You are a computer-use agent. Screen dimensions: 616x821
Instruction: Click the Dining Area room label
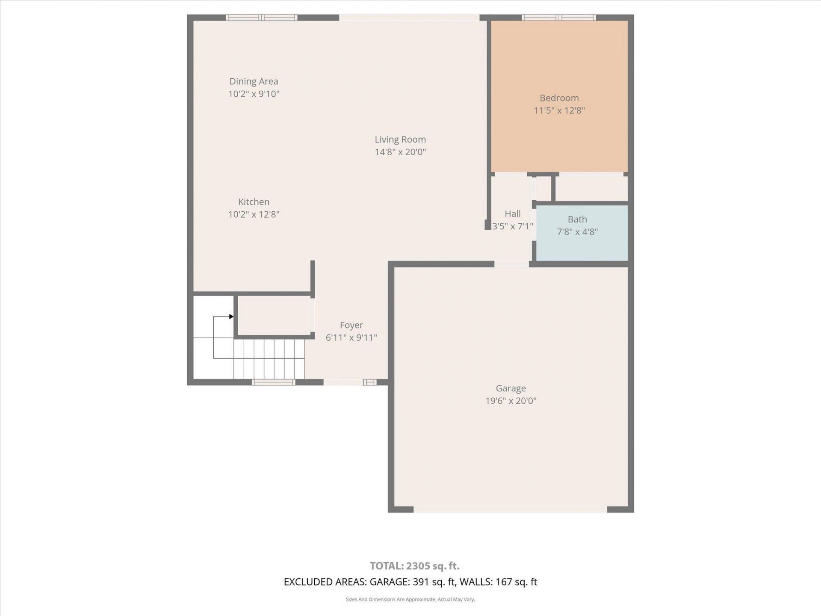pos(254,81)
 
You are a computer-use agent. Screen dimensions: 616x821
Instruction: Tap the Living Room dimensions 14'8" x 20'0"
pos(400,152)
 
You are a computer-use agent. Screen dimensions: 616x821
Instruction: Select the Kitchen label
pos(254,202)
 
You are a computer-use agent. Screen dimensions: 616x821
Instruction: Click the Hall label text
pos(512,214)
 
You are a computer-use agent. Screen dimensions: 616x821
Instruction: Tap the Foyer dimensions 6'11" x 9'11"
pos(351,338)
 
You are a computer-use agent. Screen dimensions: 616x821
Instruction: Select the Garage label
pos(511,388)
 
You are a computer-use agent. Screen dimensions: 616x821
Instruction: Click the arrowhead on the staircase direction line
pos(231,317)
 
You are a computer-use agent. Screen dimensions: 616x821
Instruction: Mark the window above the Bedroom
pos(558,18)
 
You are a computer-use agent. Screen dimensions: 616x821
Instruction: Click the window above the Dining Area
pos(261,18)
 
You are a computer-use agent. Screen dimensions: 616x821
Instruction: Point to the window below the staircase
pos(273,382)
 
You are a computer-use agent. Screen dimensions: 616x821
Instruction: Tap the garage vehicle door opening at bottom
pos(510,509)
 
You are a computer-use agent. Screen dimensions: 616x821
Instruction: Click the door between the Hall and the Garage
pos(511,264)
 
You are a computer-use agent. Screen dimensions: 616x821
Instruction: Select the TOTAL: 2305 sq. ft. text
pos(414,566)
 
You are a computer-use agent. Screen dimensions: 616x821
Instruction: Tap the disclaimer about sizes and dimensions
pos(410,599)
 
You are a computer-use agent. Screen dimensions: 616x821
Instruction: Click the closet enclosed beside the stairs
pos(274,316)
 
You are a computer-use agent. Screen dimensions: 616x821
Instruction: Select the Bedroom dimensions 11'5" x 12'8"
pos(559,110)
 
